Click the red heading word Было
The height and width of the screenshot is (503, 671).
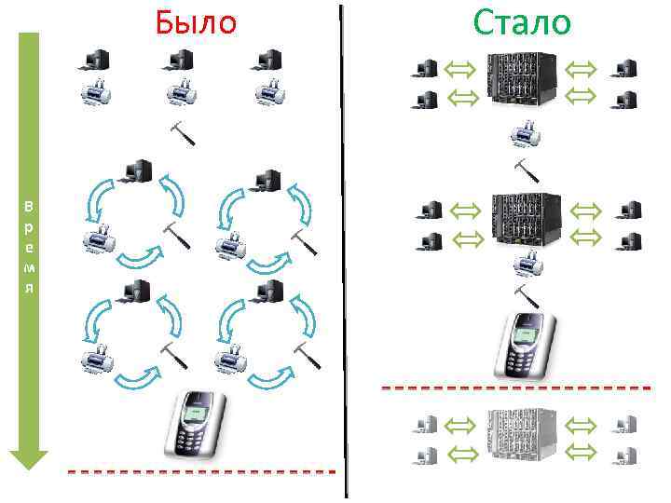(x=196, y=21)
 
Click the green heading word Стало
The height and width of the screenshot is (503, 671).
(x=521, y=21)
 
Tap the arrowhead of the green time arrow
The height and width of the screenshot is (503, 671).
(x=29, y=459)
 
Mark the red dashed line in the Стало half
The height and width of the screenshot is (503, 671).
(x=515, y=387)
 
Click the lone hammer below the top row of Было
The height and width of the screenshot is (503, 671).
(x=183, y=133)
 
